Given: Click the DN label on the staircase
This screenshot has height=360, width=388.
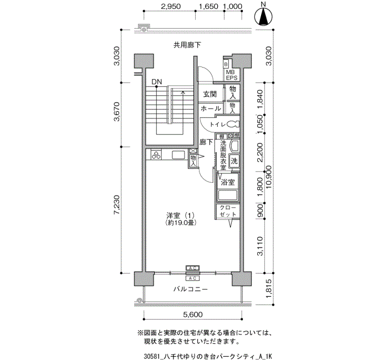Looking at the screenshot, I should pyautogui.click(x=157, y=83).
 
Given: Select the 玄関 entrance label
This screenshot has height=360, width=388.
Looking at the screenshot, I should pyautogui.click(x=209, y=94).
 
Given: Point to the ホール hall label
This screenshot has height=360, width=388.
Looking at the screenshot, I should pyautogui.click(x=211, y=108).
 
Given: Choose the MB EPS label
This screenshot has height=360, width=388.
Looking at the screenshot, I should pyautogui.click(x=231, y=75).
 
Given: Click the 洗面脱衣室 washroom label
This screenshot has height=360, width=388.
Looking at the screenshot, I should pyautogui.click(x=223, y=155).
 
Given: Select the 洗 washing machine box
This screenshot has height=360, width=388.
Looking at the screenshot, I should pyautogui.click(x=234, y=161).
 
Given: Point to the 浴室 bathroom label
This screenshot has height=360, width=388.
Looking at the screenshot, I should pyautogui.click(x=228, y=182).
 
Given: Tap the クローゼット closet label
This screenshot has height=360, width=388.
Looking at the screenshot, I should pyautogui.click(x=227, y=211).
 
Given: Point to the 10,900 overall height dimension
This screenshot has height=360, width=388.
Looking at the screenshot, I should pyautogui.click(x=269, y=177).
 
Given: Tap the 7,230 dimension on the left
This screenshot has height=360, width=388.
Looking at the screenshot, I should pyautogui.click(x=116, y=204).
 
